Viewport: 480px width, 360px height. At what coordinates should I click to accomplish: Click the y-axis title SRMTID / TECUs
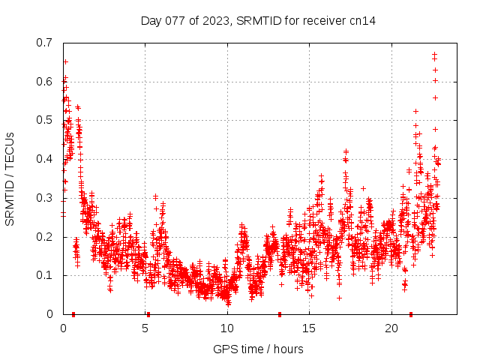10,178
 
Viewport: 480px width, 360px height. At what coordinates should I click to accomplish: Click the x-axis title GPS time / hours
258,349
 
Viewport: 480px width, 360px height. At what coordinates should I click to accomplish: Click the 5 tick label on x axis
145,328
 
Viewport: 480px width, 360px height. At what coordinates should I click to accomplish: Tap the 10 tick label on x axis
227,328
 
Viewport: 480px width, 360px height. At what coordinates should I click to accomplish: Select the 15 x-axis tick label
309,328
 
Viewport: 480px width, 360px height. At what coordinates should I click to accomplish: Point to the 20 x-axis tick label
391,328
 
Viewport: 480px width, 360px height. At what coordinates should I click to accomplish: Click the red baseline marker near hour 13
280,314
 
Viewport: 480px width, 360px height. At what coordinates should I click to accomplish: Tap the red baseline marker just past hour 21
410,314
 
